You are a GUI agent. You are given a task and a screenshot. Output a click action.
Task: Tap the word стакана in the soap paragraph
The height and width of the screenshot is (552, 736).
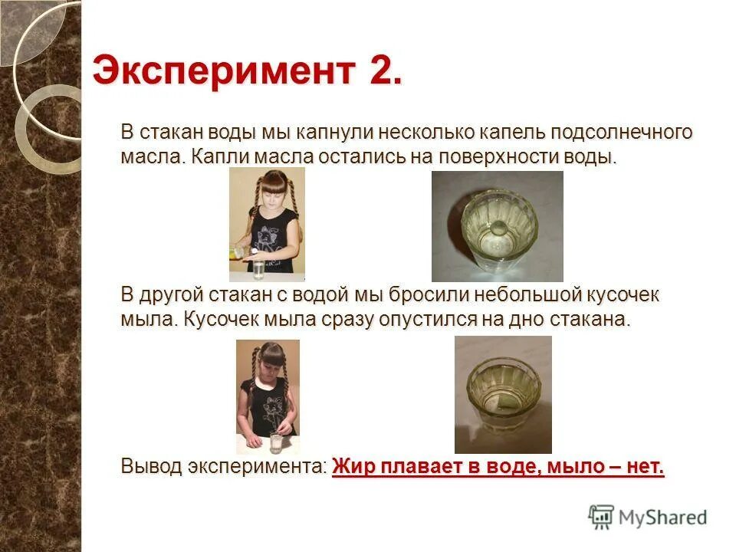(590, 320)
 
